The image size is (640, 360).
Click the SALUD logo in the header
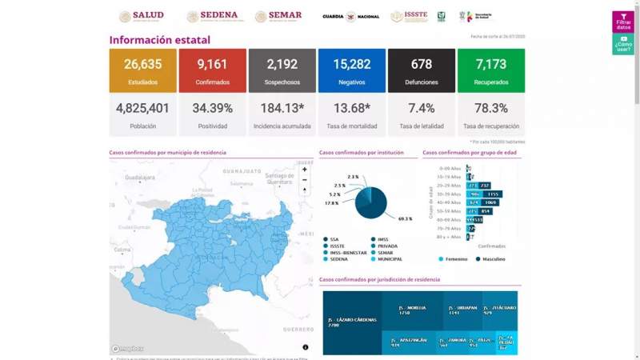142,16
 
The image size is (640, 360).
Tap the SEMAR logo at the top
278,16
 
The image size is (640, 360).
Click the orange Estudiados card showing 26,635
142,70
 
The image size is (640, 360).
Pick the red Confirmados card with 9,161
212,70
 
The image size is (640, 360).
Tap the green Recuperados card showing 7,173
490,70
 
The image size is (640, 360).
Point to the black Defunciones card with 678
421,70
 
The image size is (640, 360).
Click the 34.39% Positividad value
212,109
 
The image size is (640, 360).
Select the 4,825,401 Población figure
142,109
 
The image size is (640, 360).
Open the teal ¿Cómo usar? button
623,45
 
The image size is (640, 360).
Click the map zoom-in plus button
304,170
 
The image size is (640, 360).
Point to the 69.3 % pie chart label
404,218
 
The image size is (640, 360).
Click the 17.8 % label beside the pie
332,203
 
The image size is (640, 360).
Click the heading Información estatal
160,39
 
